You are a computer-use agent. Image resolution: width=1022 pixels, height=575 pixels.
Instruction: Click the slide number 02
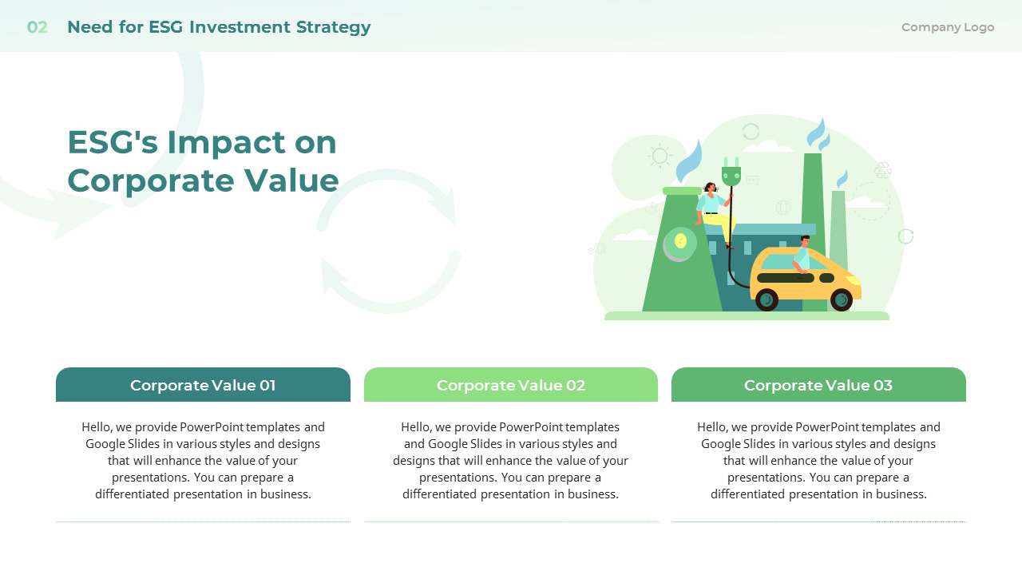click(x=37, y=27)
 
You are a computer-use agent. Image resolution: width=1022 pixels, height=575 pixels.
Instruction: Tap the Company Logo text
click(x=948, y=27)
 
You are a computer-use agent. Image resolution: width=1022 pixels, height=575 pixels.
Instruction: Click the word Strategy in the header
click(x=334, y=27)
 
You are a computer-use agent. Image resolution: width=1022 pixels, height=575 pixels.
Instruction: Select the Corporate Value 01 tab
click(x=203, y=385)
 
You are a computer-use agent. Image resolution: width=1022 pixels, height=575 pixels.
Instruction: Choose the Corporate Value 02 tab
click(x=511, y=385)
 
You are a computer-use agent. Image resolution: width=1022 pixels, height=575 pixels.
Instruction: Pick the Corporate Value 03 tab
click(x=818, y=385)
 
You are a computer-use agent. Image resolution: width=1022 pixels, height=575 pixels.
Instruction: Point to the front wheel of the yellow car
click(x=842, y=299)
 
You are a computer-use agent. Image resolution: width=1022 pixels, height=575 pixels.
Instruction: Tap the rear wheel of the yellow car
click(x=766, y=299)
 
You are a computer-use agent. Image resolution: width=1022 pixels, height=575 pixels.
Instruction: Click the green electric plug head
click(x=731, y=172)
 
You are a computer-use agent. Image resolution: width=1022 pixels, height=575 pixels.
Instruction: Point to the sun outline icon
click(x=660, y=156)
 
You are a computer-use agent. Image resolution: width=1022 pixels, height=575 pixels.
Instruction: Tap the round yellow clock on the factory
click(x=680, y=241)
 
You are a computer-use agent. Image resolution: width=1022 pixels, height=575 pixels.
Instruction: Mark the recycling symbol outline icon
click(x=883, y=170)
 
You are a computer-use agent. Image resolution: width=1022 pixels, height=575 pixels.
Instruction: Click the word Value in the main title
click(x=291, y=180)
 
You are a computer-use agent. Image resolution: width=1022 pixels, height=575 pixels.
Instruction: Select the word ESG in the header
click(x=166, y=27)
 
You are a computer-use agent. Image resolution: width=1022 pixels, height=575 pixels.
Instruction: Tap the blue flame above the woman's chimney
click(x=689, y=162)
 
